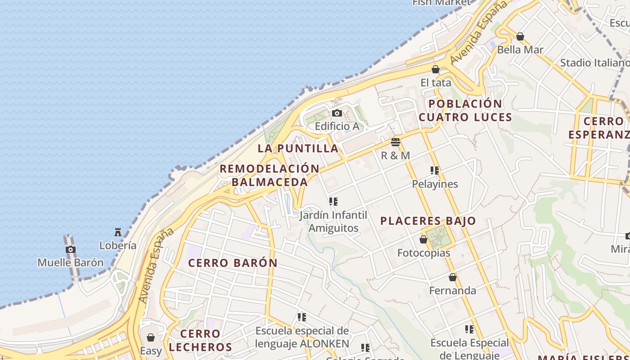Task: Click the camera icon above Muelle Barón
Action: (x=71, y=250)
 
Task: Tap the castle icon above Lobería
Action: (x=118, y=232)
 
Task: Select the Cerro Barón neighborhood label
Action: (x=233, y=263)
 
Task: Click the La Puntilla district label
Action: (x=298, y=148)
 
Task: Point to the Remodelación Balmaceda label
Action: (x=270, y=175)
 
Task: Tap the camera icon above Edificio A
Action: (x=337, y=113)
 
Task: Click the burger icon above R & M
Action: (x=396, y=142)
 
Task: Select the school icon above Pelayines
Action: (x=435, y=171)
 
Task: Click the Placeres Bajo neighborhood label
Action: (x=428, y=221)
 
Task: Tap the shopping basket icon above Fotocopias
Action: (x=423, y=239)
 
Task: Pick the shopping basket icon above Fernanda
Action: (x=453, y=277)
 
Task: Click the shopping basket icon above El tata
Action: (x=436, y=69)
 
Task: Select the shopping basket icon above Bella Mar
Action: (x=520, y=36)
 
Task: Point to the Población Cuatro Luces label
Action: (x=465, y=111)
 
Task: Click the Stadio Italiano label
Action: (x=594, y=63)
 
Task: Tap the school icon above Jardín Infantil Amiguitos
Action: (x=333, y=202)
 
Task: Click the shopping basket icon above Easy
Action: (x=151, y=337)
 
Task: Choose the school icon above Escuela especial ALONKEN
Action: (x=302, y=317)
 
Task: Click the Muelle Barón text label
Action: (x=70, y=262)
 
